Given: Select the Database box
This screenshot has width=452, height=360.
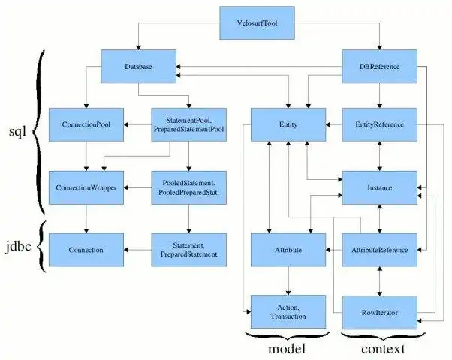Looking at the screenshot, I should click(x=139, y=67).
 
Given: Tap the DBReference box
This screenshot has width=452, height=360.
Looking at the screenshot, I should click(x=379, y=67).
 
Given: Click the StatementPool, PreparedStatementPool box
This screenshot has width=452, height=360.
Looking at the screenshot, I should click(x=188, y=124).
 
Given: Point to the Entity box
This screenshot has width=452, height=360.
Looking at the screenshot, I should click(x=288, y=124).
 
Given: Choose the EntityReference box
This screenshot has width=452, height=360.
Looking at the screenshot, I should click(x=379, y=124).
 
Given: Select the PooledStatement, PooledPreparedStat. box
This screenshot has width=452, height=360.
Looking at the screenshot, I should click(x=188, y=187).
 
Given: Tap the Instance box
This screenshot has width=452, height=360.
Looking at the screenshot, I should click(x=379, y=187).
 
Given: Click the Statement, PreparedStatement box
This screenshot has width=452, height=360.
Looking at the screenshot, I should click(x=188, y=249).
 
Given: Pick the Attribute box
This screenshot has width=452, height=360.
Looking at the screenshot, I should click(x=288, y=249).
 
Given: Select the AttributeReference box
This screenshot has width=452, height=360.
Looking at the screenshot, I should click(x=379, y=249).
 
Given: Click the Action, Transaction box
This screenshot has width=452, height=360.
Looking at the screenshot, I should click(x=288, y=310).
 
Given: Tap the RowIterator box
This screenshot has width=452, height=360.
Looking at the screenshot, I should click(x=379, y=310).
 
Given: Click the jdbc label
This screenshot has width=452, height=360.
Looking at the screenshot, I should click(x=16, y=245).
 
